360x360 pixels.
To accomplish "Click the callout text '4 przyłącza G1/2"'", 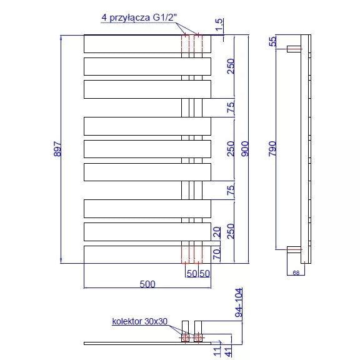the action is coord(139,17).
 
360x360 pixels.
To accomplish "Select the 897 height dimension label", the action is coord(57,149).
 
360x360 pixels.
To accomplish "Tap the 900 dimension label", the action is coord(245,149).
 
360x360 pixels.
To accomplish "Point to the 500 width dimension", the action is coord(147,284).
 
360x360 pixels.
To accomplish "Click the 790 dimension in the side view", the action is coord(272,149).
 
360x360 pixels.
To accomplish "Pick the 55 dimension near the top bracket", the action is coord(272,41).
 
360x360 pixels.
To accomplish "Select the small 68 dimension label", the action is coord(296,272).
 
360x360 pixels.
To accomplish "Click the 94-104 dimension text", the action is coord(239,302).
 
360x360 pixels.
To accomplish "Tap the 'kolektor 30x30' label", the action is coord(139,321).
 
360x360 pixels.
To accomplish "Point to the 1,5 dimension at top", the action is coord(219,24).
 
